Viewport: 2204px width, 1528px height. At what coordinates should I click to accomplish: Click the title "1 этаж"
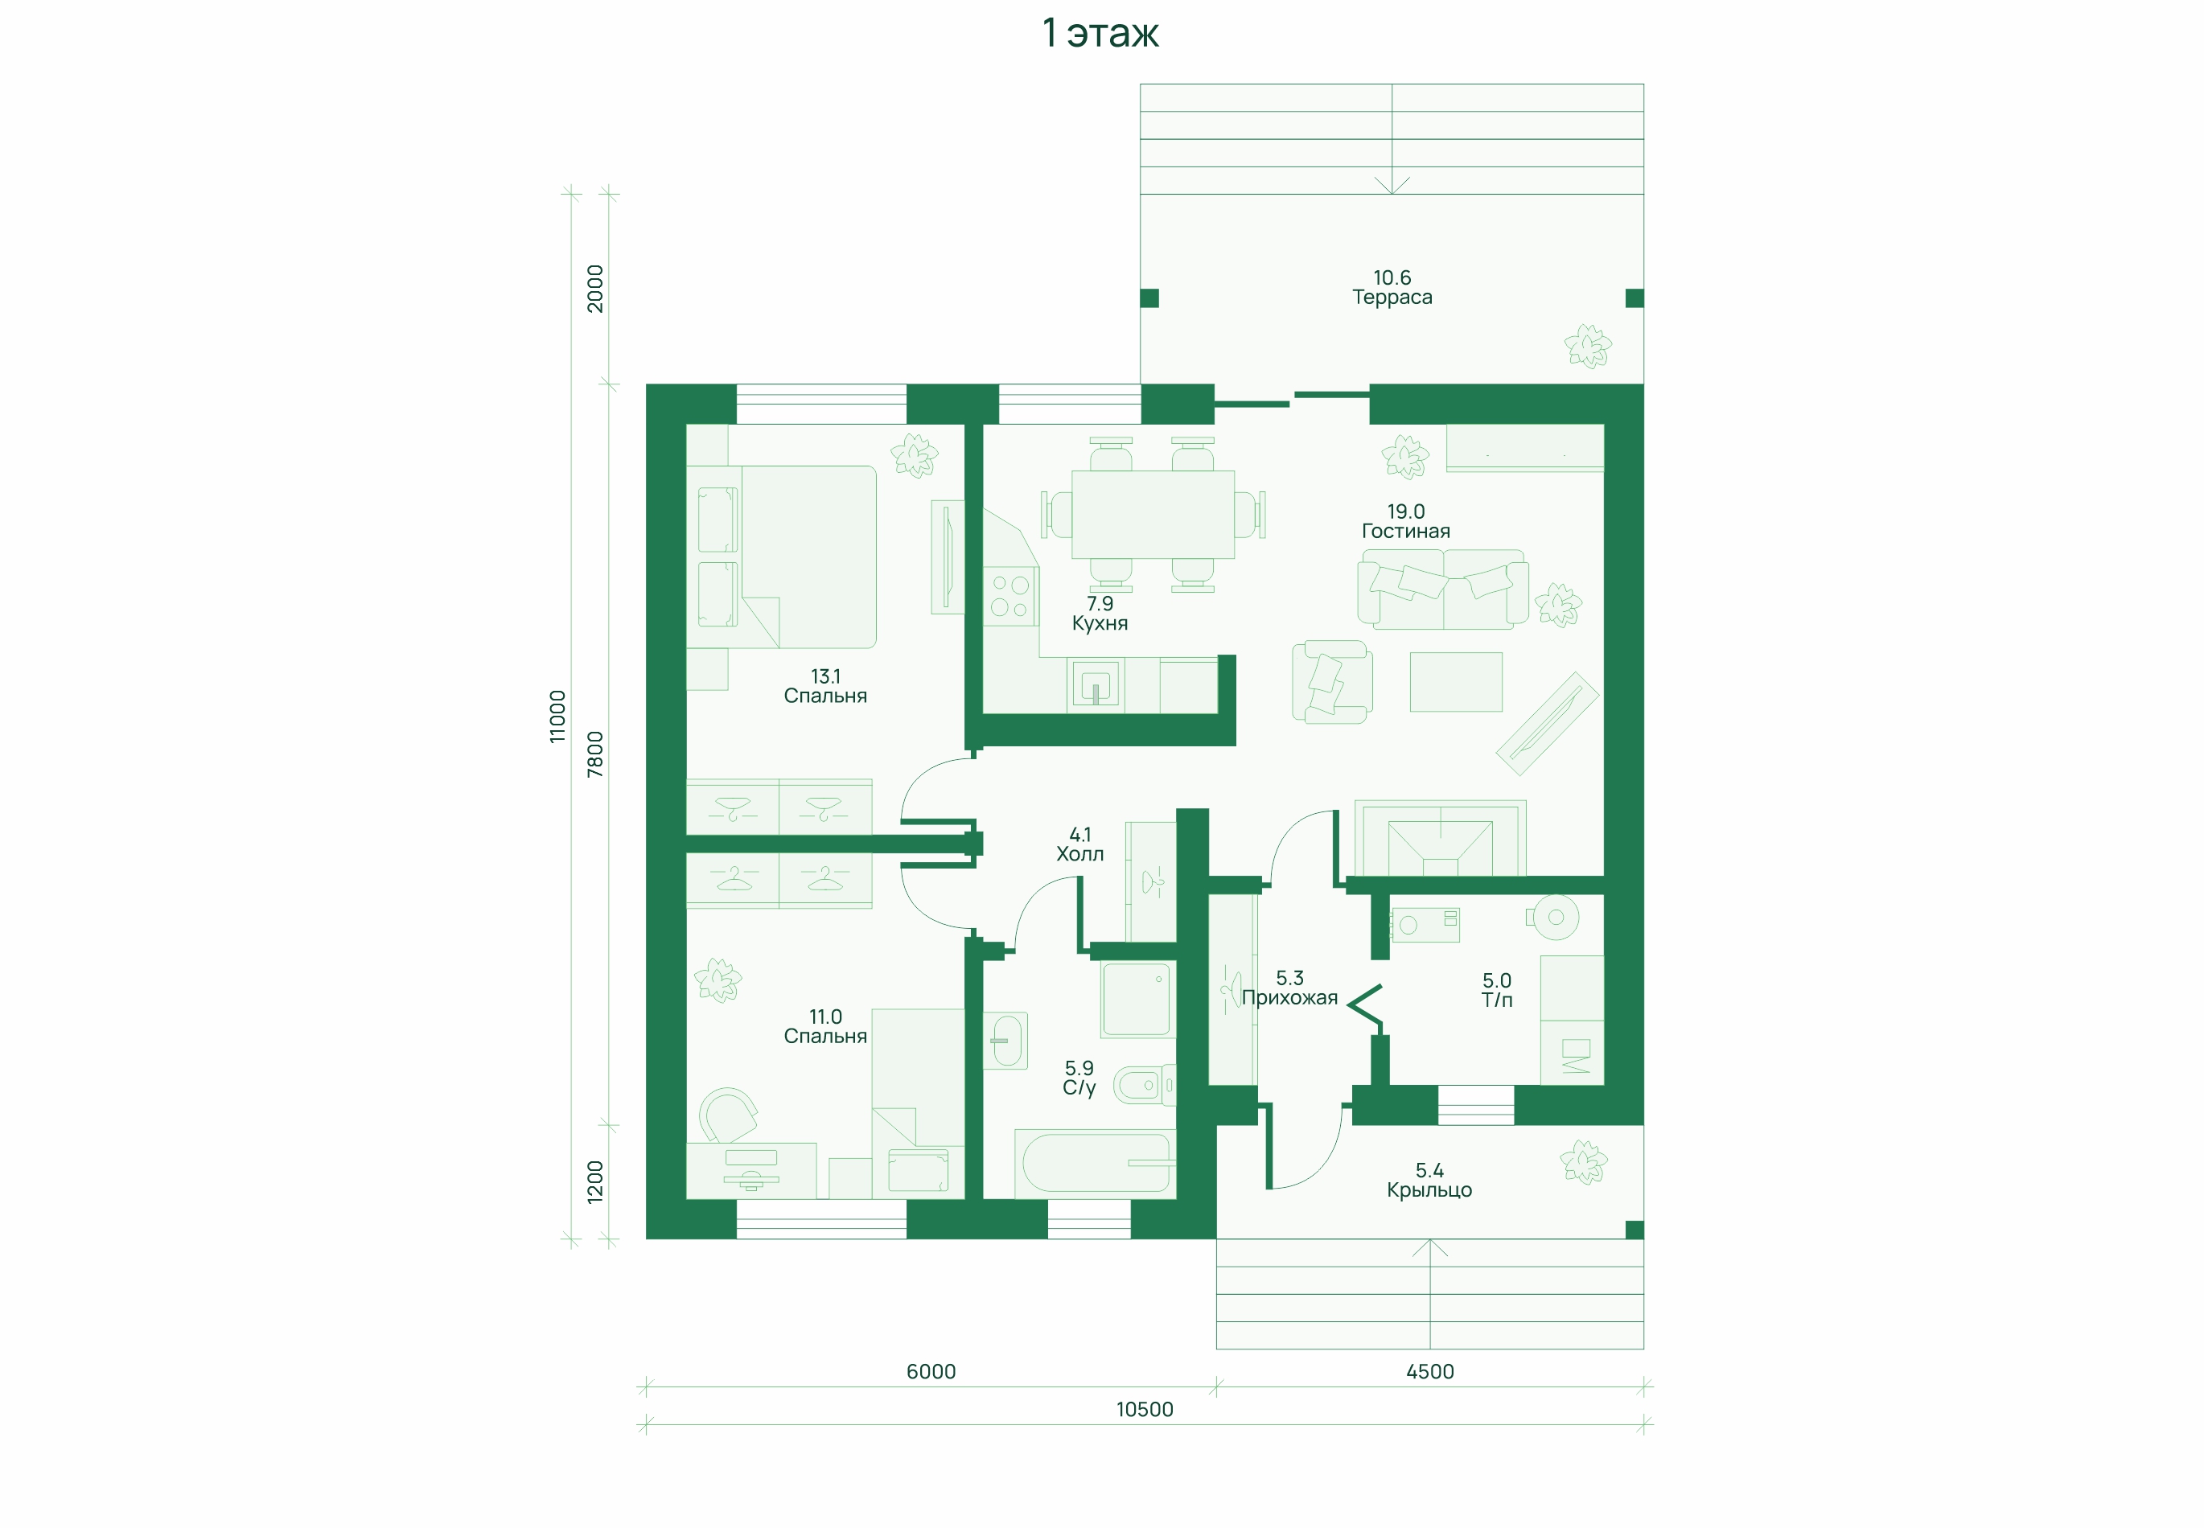(x=1100, y=32)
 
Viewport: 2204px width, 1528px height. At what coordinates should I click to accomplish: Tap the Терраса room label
(x=1392, y=297)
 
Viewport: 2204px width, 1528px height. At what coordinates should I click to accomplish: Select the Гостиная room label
(x=1405, y=532)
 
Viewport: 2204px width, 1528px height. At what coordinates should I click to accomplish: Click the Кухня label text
(x=1100, y=623)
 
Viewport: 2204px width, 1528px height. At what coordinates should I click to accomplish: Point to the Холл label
(x=1080, y=854)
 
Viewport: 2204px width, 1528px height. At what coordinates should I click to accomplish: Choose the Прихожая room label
(x=1289, y=997)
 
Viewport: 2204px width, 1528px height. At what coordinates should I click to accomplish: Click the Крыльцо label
(x=1429, y=1190)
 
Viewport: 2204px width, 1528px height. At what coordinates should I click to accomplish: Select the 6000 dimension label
(x=931, y=1371)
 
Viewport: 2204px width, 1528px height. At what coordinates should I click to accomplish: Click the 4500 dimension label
(x=1429, y=1371)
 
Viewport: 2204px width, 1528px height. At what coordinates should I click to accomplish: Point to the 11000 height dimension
(x=557, y=716)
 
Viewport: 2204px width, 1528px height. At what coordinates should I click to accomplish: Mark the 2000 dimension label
(x=594, y=288)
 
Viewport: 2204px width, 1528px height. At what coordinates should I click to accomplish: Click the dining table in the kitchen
(x=1153, y=514)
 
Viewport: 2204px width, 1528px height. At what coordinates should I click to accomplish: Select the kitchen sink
(x=1096, y=685)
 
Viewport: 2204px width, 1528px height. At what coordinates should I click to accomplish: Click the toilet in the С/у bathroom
(x=1144, y=1085)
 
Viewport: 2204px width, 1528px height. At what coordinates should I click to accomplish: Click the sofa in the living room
(x=1443, y=589)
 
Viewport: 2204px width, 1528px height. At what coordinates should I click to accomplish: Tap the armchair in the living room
(x=1332, y=682)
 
